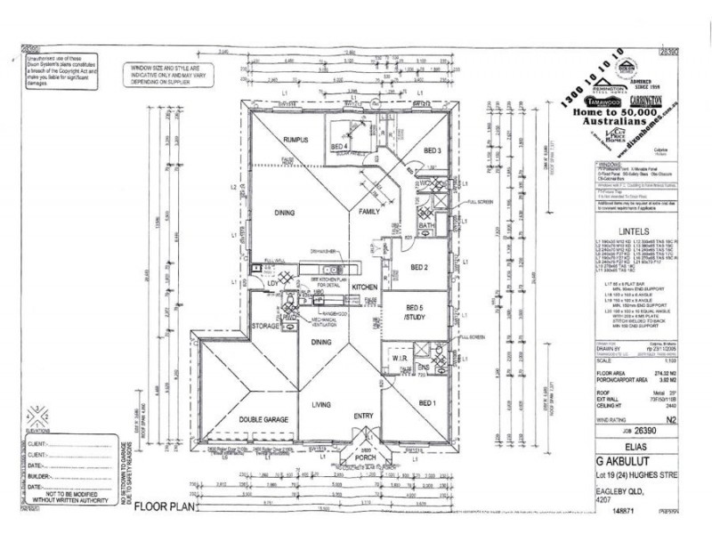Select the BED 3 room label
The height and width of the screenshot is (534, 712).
point(433,150)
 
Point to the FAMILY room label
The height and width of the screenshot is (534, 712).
point(368,213)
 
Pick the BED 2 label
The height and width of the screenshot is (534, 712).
point(421,266)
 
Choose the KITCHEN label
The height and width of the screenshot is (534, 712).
point(365,288)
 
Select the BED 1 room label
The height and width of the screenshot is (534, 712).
point(428,403)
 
